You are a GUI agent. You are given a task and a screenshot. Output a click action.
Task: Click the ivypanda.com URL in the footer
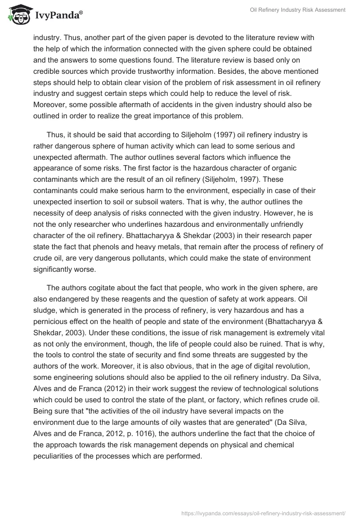[x=263, y=513]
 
